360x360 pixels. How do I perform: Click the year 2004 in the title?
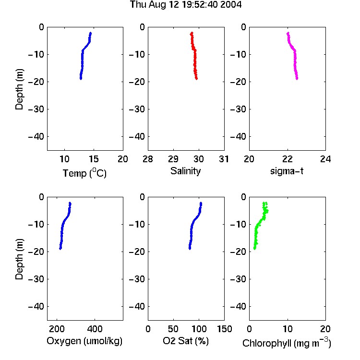tap(231, 5)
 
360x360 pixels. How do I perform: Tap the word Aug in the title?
tap(158, 5)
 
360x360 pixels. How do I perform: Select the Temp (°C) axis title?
tap(84, 173)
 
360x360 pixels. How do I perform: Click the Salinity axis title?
tap(185, 171)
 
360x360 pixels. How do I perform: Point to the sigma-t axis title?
tap(287, 171)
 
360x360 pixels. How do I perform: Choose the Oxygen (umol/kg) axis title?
tap(84, 341)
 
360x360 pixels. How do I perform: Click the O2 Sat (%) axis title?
tap(186, 341)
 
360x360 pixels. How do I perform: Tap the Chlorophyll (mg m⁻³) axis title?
tap(287, 343)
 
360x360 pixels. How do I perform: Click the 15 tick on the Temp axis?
tap(94, 159)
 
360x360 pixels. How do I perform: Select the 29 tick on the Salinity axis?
tap(173, 159)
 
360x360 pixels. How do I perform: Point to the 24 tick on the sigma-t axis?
tap(325, 159)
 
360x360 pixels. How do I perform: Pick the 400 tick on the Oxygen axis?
tap(95, 329)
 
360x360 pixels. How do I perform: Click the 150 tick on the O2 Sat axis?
tap(224, 329)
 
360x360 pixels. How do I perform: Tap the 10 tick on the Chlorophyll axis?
tap(288, 329)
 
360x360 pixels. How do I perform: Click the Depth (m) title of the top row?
tap(19, 89)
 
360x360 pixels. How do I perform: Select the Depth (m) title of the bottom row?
tap(19, 259)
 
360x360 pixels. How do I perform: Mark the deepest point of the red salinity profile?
tap(196, 79)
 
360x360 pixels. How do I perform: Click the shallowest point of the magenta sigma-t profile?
tap(288, 33)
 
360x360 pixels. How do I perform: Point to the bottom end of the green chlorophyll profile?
tap(254, 249)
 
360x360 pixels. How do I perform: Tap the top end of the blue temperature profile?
tap(90, 33)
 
